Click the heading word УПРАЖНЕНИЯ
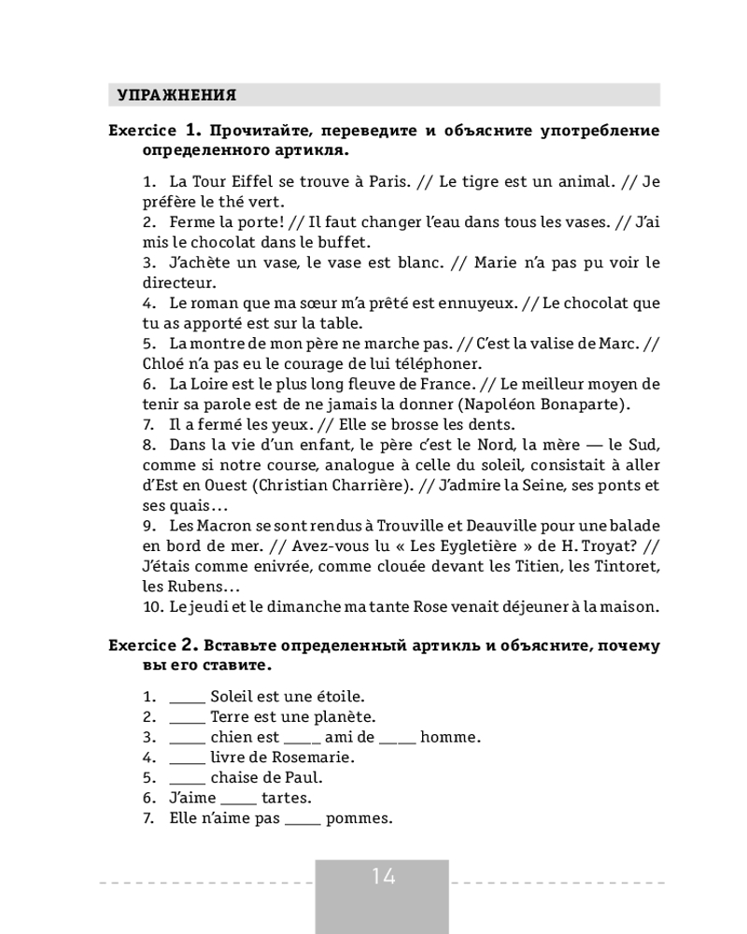point(176,95)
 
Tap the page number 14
point(383,876)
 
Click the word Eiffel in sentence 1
point(263,180)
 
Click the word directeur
point(179,281)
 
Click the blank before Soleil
point(187,697)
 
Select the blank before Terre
point(187,717)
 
